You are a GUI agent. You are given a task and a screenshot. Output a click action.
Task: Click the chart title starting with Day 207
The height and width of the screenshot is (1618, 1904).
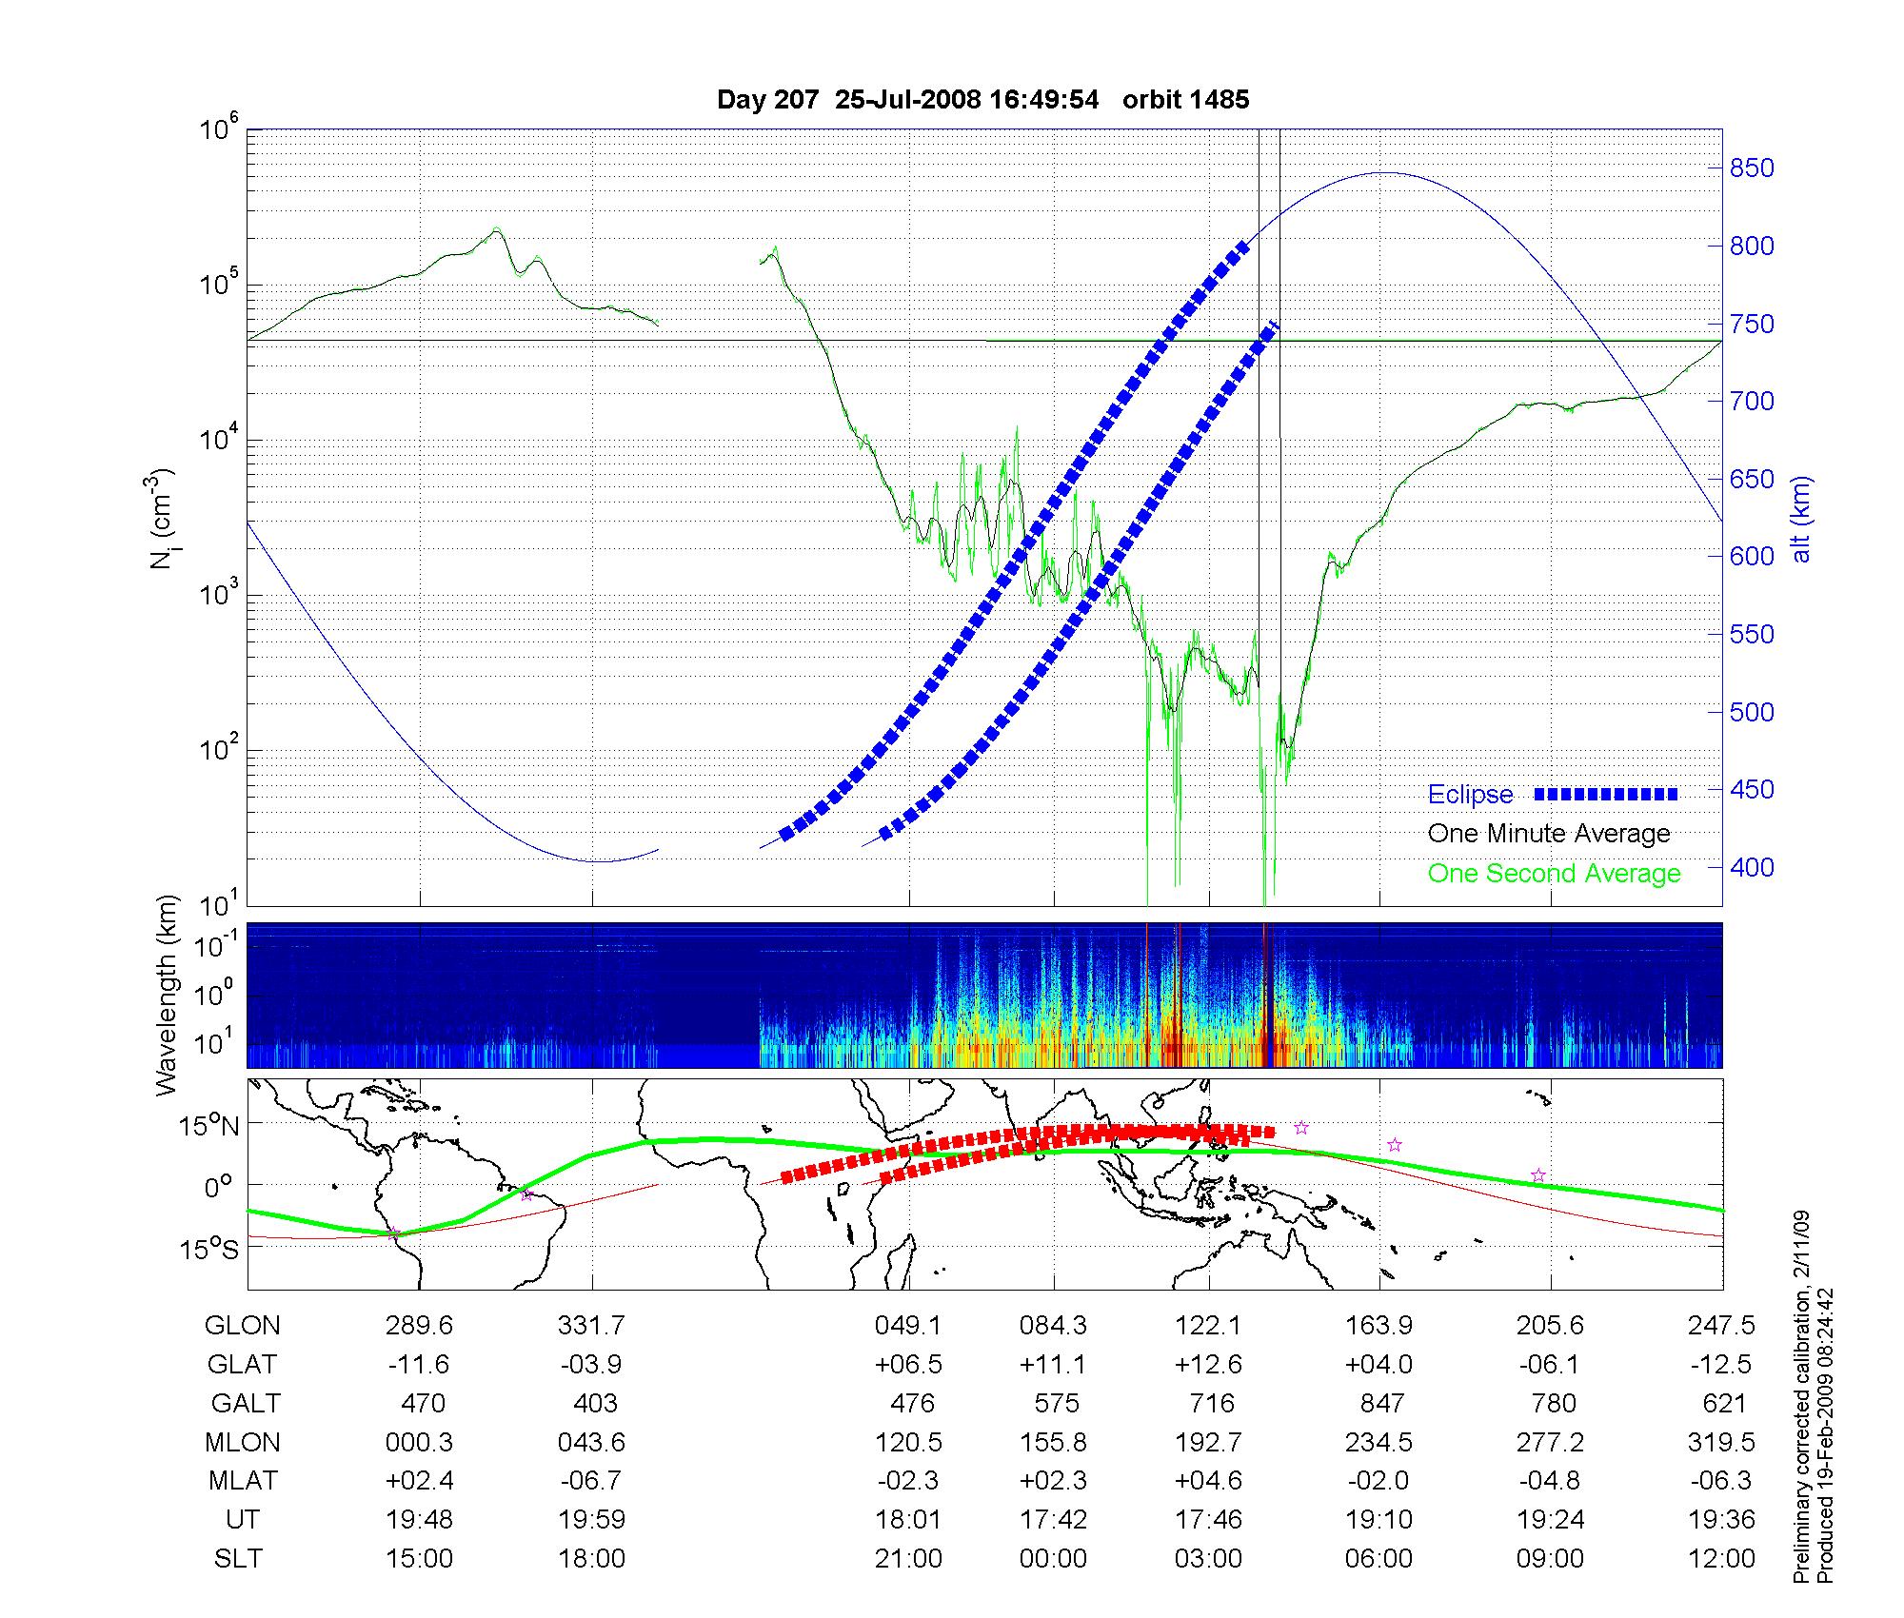[x=982, y=100]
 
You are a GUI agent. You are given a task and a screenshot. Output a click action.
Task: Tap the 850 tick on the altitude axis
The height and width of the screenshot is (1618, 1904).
[x=1752, y=168]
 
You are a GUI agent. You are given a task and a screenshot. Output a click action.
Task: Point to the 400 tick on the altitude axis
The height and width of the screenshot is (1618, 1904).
[x=1752, y=867]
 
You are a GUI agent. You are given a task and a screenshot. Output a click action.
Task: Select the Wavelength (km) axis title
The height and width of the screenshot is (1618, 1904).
[x=168, y=995]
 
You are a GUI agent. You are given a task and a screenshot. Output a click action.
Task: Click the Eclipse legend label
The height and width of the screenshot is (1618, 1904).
[x=1470, y=795]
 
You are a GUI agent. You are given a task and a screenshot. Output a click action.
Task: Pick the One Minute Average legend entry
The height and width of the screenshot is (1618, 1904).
[x=1549, y=834]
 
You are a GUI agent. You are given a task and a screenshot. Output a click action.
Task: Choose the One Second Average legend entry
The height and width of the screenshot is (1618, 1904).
[x=1554, y=874]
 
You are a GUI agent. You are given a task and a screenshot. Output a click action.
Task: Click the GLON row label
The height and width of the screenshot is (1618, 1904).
[x=243, y=1325]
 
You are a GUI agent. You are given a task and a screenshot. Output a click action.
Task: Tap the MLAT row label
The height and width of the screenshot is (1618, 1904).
[x=243, y=1481]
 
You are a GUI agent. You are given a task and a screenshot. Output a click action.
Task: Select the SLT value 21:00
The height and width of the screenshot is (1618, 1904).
[x=908, y=1559]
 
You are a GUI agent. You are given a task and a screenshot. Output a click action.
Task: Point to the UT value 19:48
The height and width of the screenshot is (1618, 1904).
[x=419, y=1520]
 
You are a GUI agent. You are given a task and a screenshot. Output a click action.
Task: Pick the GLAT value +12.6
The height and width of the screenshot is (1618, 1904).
[x=1209, y=1364]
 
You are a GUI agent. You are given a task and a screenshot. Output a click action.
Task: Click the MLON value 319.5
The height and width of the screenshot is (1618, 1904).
[x=1721, y=1442]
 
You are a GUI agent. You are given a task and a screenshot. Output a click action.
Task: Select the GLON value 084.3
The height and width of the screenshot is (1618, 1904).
[x=1053, y=1325]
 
